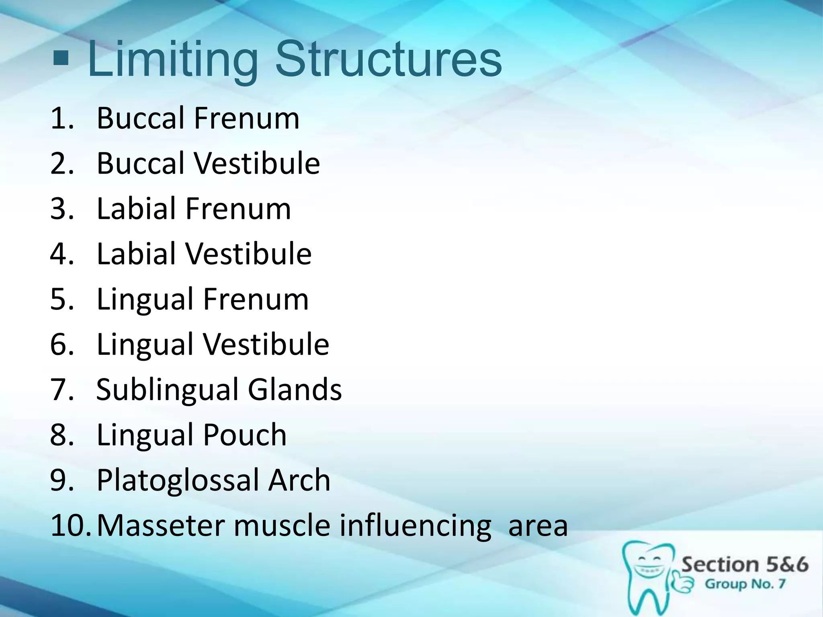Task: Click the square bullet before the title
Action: pyautogui.click(x=61, y=59)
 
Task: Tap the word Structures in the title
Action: pyautogui.click(x=388, y=60)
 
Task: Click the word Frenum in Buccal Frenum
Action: pyautogui.click(x=247, y=118)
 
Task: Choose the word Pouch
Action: pyautogui.click(x=244, y=435)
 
